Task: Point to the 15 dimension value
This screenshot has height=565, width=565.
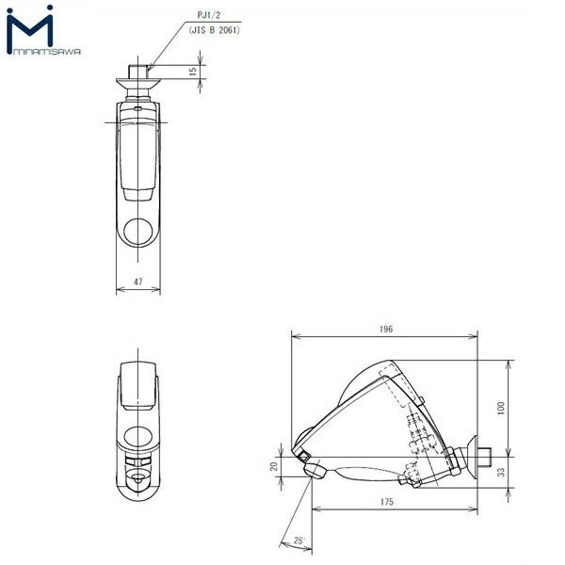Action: (x=192, y=71)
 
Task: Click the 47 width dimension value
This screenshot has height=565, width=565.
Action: (x=137, y=282)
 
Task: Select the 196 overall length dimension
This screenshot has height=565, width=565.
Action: (x=386, y=329)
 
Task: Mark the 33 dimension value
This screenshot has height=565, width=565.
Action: (x=502, y=471)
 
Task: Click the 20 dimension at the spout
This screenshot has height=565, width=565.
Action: (x=274, y=467)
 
